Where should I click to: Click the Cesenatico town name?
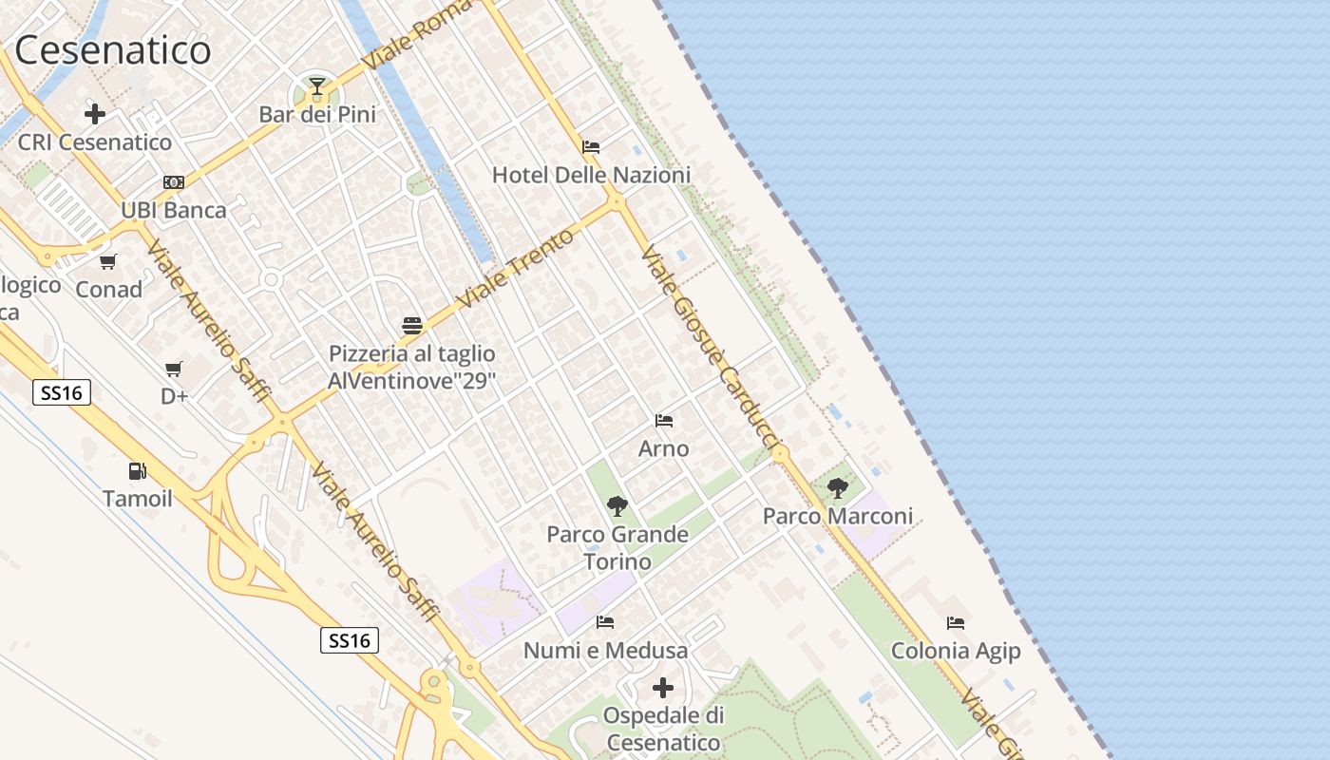(113, 50)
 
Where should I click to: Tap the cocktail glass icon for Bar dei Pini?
(316, 88)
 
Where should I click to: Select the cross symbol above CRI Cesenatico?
(95, 114)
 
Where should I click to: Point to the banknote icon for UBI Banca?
(174, 181)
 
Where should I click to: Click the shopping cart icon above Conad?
(108, 261)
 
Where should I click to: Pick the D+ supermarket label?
(174, 396)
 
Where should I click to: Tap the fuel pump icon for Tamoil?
(138, 470)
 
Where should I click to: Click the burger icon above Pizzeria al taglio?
(411, 326)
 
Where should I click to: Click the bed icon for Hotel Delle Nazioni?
(591, 147)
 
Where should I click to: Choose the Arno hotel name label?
(664, 448)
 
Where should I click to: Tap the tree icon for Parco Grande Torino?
(617, 506)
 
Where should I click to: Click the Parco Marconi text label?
(838, 516)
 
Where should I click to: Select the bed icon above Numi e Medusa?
(605, 622)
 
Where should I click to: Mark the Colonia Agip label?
(956, 651)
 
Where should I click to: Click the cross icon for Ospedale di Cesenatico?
(663, 687)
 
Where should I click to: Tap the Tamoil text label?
(138, 498)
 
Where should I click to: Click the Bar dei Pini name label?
(317, 115)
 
